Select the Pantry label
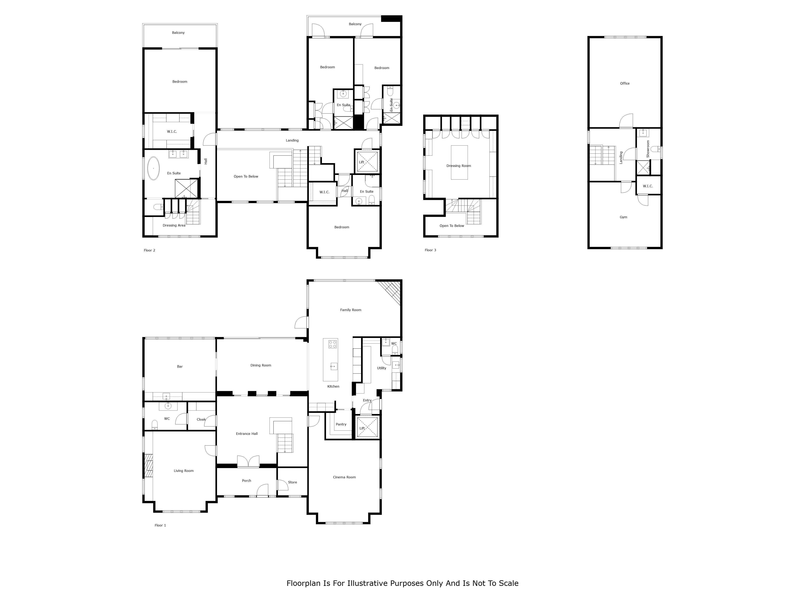pyautogui.click(x=341, y=424)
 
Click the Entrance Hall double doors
pyautogui.click(x=248, y=461)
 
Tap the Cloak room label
pyautogui.click(x=201, y=419)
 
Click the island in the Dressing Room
pyautogui.click(x=459, y=162)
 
